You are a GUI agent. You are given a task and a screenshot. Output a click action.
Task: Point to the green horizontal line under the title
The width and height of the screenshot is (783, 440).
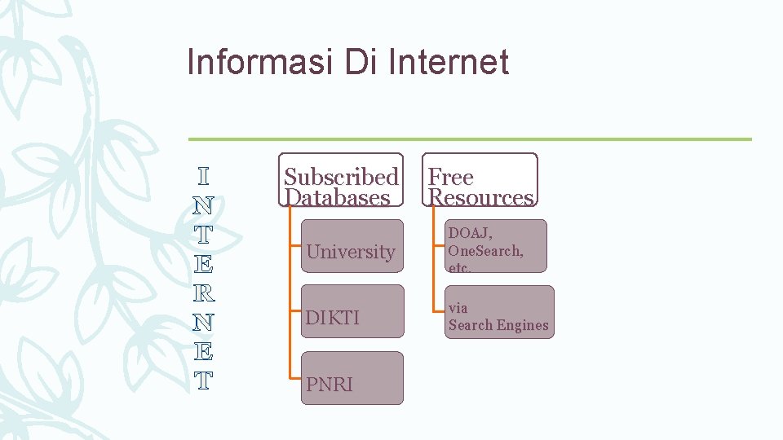(x=469, y=139)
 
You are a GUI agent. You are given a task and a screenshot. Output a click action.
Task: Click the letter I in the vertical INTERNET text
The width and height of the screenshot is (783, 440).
(x=204, y=176)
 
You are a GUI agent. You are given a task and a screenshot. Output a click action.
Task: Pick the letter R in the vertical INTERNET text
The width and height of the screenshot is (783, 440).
(x=204, y=292)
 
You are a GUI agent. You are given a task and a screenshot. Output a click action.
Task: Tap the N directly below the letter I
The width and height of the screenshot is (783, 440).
(x=204, y=205)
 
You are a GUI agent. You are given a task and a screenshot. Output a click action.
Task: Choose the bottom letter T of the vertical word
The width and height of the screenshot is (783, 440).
(x=204, y=380)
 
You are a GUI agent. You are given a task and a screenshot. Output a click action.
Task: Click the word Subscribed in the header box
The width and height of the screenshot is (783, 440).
(x=341, y=177)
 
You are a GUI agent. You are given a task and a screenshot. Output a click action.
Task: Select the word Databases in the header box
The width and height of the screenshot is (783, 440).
(x=336, y=197)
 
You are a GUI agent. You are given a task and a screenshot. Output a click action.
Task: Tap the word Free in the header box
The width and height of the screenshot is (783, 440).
(x=450, y=177)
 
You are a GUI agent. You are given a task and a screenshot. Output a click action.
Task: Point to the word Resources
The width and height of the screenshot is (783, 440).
(x=480, y=197)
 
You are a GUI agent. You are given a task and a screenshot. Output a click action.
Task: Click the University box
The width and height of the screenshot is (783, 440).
(x=351, y=252)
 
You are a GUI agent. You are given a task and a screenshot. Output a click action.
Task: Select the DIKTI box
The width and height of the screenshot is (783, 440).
(x=351, y=317)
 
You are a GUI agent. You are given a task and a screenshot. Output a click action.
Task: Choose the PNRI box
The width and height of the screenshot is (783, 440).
(x=351, y=383)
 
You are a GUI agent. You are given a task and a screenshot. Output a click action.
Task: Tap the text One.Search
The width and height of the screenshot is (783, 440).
(x=485, y=251)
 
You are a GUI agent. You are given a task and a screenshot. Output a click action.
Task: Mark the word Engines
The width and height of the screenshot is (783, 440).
(x=523, y=325)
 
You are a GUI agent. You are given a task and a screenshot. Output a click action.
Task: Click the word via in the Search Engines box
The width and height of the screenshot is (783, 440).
(x=458, y=308)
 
